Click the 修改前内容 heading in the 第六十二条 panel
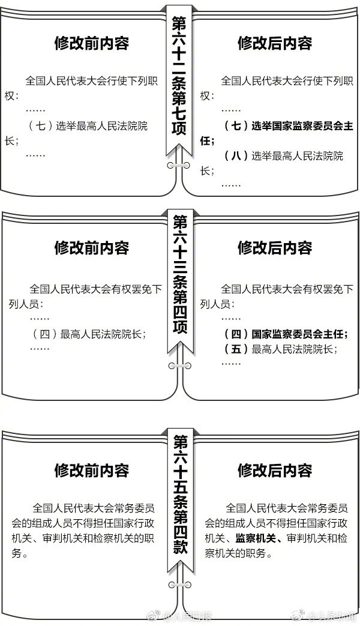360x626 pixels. click(91, 44)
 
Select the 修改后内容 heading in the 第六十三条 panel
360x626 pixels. click(275, 248)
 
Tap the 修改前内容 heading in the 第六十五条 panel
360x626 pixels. click(91, 471)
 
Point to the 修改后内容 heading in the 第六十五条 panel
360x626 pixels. click(275, 471)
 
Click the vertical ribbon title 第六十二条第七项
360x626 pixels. click(179, 76)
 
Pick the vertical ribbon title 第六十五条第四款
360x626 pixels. click(181, 495)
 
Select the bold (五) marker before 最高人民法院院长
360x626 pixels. click(236, 349)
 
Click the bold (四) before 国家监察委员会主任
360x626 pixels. click(236, 334)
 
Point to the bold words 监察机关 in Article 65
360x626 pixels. click(256, 538)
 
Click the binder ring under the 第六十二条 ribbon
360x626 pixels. click(179, 165)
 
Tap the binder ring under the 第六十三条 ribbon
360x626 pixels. click(179, 366)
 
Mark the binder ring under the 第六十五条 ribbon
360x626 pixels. click(179, 585)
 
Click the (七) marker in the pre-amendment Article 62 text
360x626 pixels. click(41, 126)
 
